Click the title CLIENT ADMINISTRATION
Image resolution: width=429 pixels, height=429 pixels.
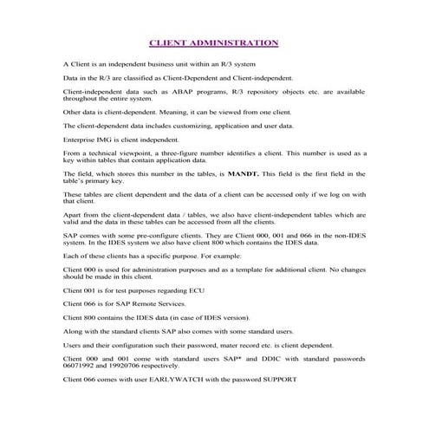tap(214, 41)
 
